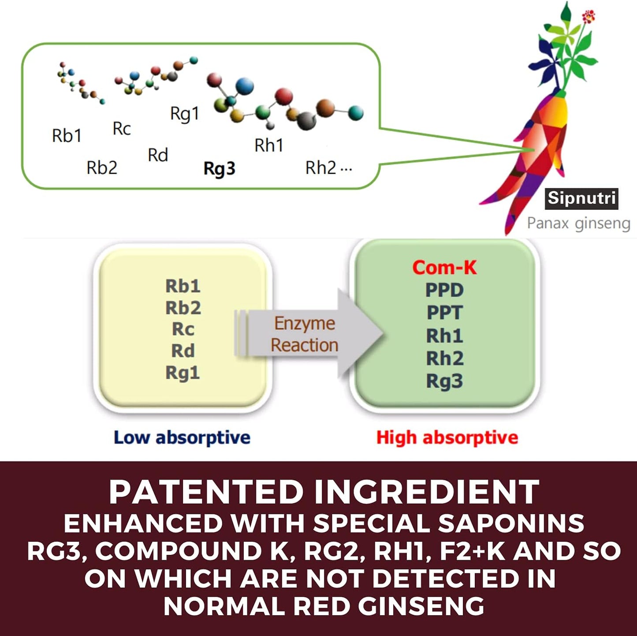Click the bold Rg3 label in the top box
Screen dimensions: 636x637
(x=220, y=168)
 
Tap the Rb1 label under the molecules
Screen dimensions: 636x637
(x=67, y=136)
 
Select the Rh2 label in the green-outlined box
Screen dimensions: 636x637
(x=321, y=167)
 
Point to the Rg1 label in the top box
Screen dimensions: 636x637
(x=185, y=114)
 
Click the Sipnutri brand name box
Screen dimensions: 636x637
(x=581, y=198)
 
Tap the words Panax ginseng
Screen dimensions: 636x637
(x=578, y=223)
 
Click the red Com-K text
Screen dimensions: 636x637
(x=444, y=268)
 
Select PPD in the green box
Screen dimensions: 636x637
(x=444, y=290)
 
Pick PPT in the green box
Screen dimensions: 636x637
(x=444, y=313)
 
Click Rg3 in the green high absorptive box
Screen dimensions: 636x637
(x=444, y=381)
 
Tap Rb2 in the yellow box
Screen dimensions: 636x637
(x=183, y=308)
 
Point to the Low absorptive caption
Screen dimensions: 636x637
(x=182, y=438)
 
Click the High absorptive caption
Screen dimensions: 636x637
(x=447, y=438)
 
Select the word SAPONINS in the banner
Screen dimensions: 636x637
(x=511, y=524)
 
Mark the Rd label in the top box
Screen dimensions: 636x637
(x=158, y=155)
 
